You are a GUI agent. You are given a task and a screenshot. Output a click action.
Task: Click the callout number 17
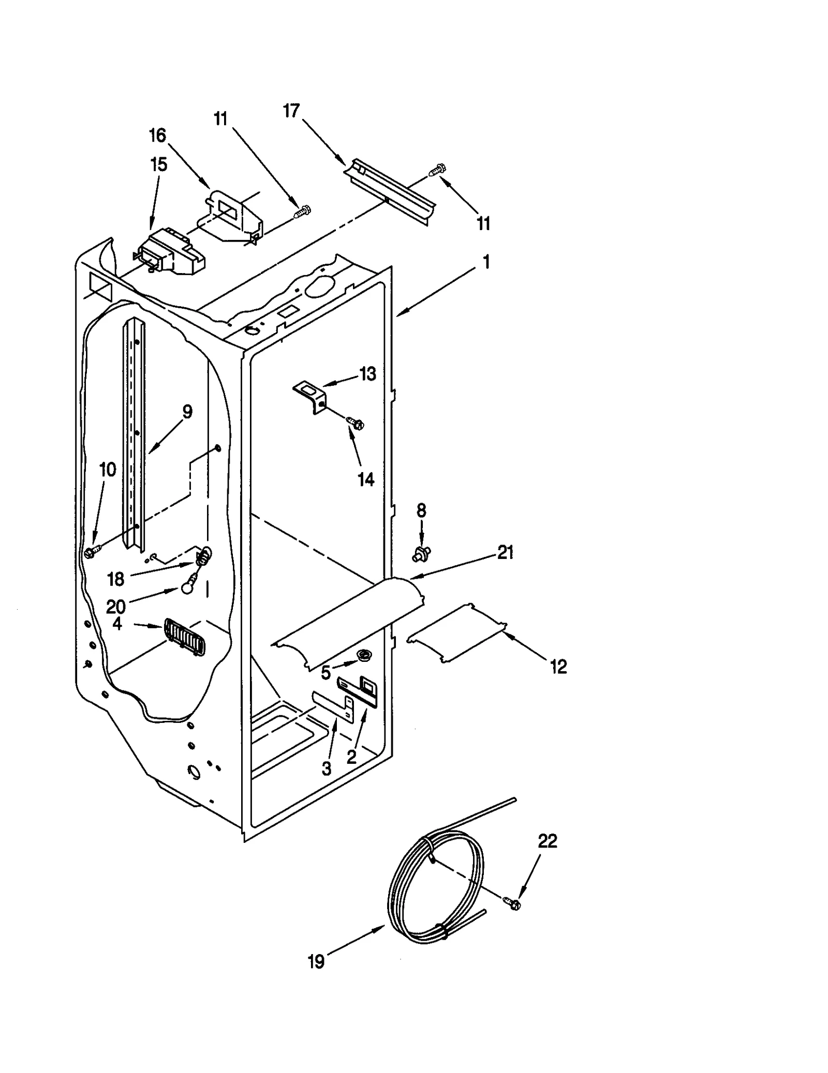pyautogui.click(x=291, y=111)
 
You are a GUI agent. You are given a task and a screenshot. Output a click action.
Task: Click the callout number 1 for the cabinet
pyautogui.click(x=486, y=262)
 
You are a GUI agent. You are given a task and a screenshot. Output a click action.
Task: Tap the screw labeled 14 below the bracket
pyautogui.click(x=357, y=423)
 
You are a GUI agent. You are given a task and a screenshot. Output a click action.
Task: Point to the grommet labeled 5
pyautogui.click(x=365, y=656)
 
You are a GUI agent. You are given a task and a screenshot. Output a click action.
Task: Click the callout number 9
pyautogui.click(x=187, y=412)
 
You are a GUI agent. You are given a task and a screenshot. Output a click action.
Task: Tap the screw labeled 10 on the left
pyautogui.click(x=90, y=552)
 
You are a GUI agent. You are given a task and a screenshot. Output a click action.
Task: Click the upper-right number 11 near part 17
pyautogui.click(x=483, y=224)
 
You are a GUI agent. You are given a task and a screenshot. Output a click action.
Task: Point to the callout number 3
pyautogui.click(x=326, y=769)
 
